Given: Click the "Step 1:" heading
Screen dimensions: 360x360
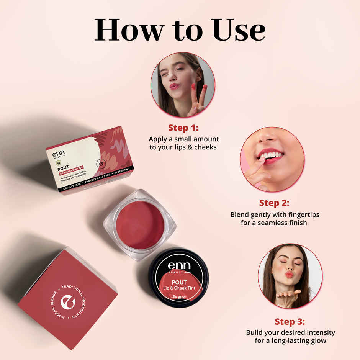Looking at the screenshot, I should [x=183, y=128].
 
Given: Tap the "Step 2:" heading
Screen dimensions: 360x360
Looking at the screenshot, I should [x=274, y=203].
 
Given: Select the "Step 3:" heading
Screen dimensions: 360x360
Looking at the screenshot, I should [x=290, y=321].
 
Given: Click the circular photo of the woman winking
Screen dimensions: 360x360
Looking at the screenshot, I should [x=183, y=85].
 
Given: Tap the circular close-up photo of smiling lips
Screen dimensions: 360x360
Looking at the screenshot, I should [x=272, y=159].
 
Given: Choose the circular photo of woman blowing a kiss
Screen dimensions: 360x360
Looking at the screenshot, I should [x=290, y=276].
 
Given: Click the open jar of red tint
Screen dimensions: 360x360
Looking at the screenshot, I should [x=140, y=224].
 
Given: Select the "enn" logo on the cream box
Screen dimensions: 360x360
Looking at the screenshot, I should [x=59, y=154].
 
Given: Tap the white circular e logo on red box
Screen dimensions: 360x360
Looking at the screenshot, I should [x=68, y=303].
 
